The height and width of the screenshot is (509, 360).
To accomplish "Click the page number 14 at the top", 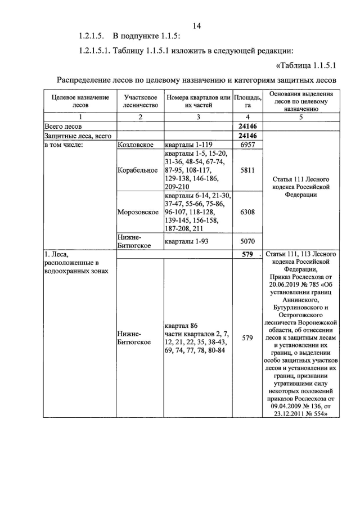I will point(196,25).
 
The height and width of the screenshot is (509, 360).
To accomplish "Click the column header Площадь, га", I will point(247,101).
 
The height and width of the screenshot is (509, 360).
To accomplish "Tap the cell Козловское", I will point(136,145).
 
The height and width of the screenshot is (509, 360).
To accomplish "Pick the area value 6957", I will point(247,145).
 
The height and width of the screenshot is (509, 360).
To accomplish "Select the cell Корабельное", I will point(138,170).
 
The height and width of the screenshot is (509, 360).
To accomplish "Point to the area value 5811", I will point(247,170).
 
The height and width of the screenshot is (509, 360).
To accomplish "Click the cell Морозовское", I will point(138,212).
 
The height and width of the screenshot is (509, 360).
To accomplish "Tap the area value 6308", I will point(247,212).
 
